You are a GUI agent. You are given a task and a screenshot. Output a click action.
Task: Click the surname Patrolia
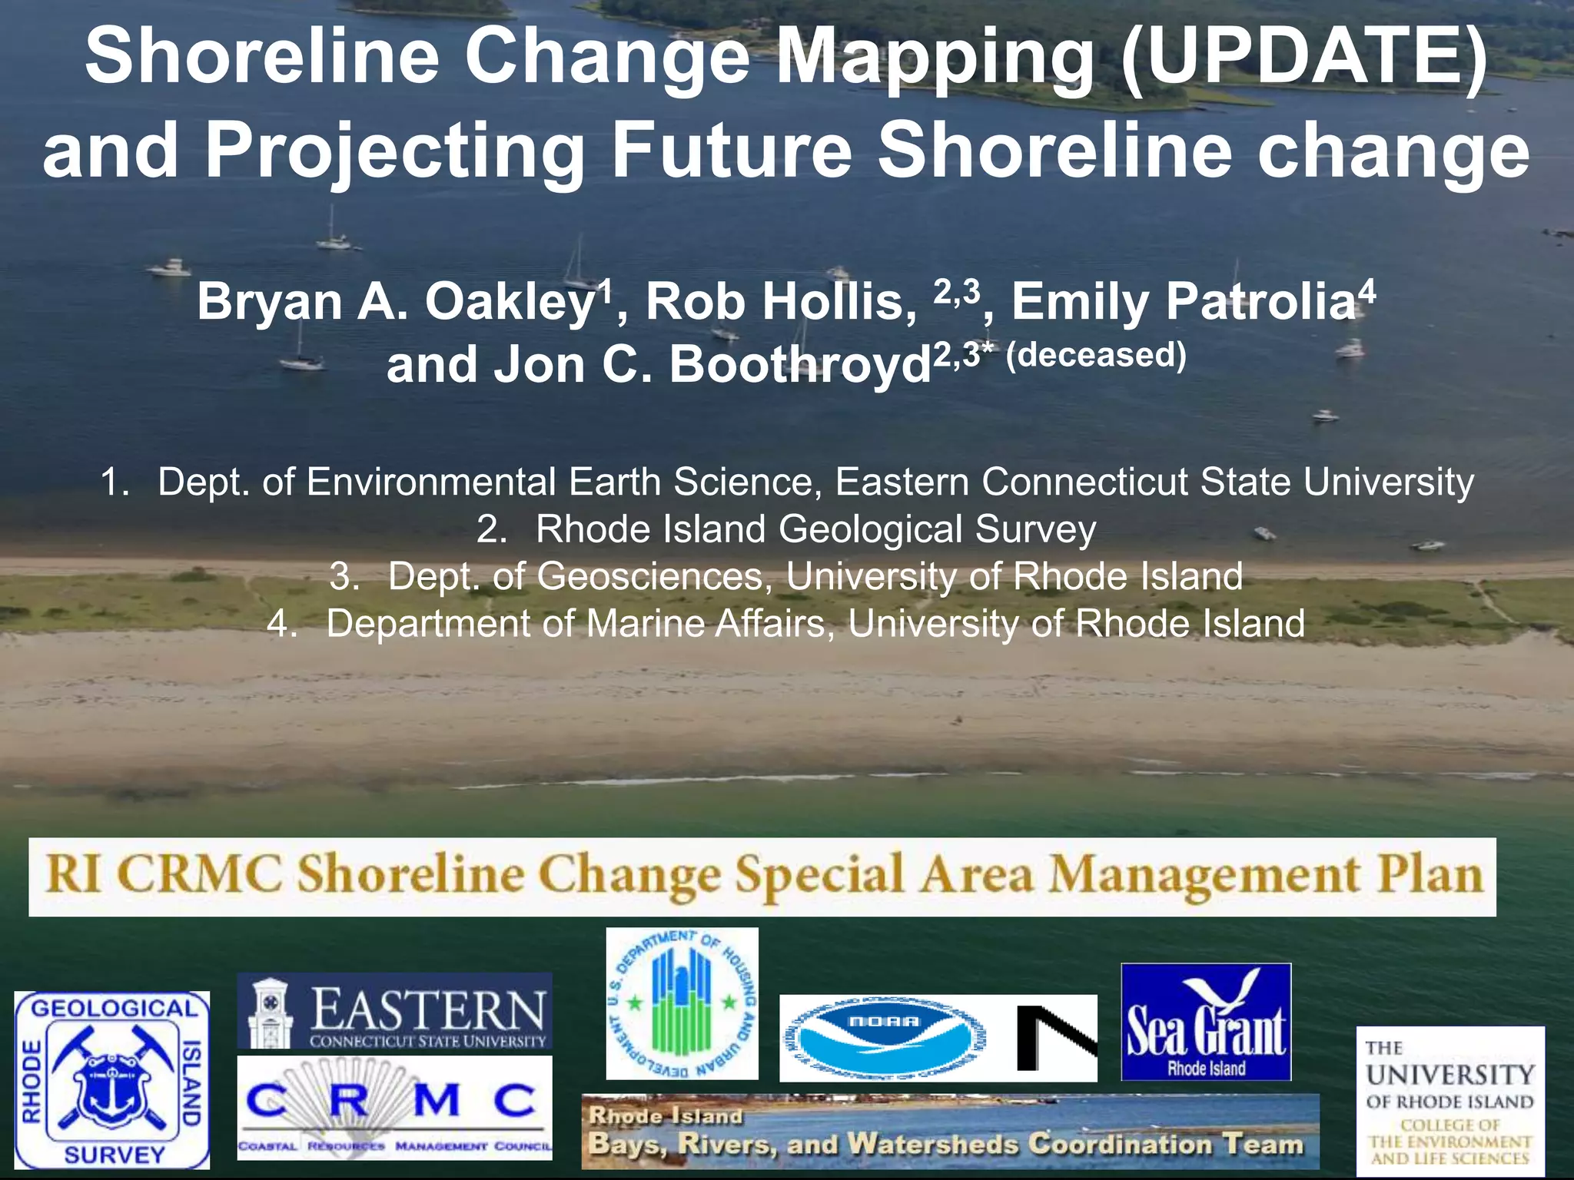[1260, 303]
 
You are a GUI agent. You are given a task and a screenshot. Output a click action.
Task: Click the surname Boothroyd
[799, 365]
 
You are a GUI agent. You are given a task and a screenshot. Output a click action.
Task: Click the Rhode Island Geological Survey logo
[112, 1080]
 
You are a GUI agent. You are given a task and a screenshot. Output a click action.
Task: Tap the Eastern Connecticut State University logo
[394, 1011]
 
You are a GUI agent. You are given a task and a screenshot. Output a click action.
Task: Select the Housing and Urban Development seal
[682, 1003]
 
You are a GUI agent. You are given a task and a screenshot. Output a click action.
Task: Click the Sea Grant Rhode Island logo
[1206, 1022]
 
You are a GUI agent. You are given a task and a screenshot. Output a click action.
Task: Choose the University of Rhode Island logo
[1449, 1100]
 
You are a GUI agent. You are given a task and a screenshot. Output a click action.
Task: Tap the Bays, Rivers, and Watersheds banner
[950, 1132]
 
